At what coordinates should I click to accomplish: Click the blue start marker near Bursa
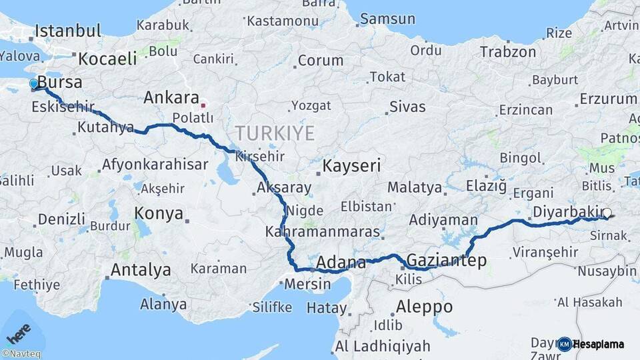[33, 84]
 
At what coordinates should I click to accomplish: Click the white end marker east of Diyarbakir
[607, 214]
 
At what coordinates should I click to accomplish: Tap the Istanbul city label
[68, 31]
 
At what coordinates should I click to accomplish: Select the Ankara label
[171, 98]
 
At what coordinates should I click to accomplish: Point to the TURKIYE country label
[274, 133]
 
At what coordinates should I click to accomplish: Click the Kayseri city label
[351, 165]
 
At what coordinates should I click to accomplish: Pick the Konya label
[159, 213]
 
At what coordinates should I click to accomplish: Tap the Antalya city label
[140, 270]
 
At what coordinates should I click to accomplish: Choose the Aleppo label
[424, 307]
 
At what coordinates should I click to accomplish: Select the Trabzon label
[508, 51]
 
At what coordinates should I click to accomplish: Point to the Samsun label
[387, 19]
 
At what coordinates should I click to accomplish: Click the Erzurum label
[608, 99]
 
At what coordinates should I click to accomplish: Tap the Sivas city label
[407, 106]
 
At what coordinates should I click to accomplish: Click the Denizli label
[61, 219]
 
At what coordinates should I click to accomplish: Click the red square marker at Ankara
[203, 105]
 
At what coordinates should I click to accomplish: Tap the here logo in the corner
[18, 331]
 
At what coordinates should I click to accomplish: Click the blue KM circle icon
[564, 344]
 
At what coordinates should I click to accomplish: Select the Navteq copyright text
[21, 354]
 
